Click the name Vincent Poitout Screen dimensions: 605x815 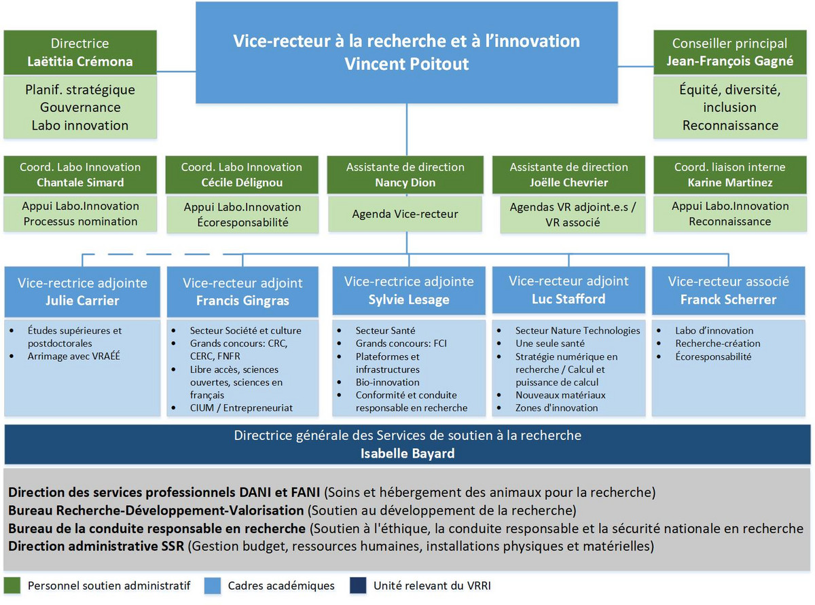click(x=406, y=64)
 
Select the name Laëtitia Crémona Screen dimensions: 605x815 click(x=80, y=62)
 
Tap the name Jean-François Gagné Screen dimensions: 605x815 click(x=730, y=62)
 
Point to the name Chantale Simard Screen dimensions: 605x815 click(x=80, y=182)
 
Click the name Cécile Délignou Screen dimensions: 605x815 click(x=241, y=182)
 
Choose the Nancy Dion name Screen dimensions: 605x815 click(x=405, y=182)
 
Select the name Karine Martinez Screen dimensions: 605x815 click(x=729, y=182)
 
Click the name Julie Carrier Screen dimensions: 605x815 click(x=82, y=300)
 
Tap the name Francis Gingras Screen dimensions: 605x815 click(x=242, y=301)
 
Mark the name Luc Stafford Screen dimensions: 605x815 click(x=568, y=299)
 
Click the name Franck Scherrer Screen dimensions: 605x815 click(x=729, y=299)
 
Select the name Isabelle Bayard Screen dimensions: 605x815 click(x=407, y=453)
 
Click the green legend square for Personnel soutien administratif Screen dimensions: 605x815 click(x=11, y=585)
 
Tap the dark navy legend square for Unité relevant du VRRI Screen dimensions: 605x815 click(x=357, y=585)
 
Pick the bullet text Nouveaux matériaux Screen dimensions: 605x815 click(x=560, y=395)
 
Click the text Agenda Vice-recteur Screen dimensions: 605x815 click(x=405, y=214)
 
